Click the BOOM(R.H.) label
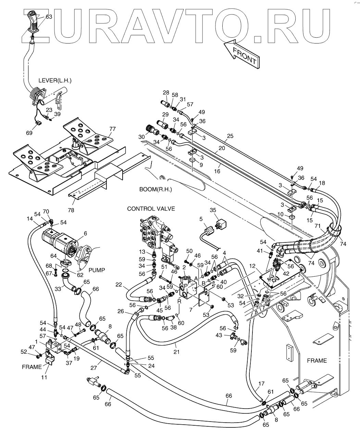point(156,189)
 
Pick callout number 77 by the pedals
point(112,129)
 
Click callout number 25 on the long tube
point(230,136)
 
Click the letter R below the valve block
point(179,301)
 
